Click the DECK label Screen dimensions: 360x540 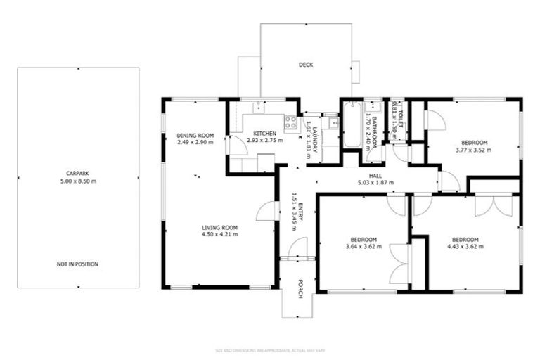305,65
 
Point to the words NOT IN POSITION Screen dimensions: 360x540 77,264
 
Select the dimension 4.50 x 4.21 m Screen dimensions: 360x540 220,234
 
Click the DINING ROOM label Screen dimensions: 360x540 195,135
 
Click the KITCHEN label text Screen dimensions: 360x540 265,133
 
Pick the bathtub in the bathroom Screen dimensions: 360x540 352,125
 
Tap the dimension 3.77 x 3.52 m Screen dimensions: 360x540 472,150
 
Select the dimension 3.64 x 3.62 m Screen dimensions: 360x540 364,246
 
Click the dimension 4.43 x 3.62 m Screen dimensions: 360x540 465,246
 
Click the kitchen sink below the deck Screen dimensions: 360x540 259,107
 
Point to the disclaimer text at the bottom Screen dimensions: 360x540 270,349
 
